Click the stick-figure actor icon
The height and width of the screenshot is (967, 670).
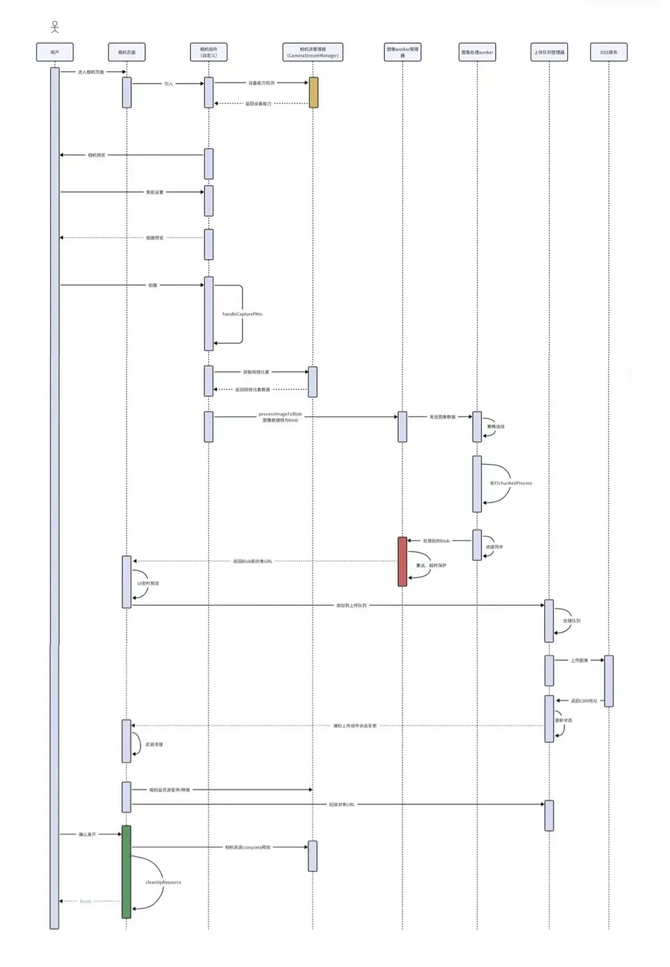click(55, 27)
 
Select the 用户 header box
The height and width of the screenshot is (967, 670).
click(55, 52)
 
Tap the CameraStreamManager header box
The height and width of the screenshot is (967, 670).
click(312, 52)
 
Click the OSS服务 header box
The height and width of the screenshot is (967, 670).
click(608, 52)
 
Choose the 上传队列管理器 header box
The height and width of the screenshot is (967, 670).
click(549, 52)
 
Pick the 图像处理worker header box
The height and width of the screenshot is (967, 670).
click(477, 52)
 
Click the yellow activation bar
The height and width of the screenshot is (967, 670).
click(313, 92)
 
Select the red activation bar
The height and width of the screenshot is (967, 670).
click(402, 561)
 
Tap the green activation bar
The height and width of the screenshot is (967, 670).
click(126, 871)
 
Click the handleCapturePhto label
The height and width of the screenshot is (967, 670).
click(242, 314)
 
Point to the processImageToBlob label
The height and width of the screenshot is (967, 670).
click(280, 414)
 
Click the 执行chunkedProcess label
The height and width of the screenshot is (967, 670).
click(511, 483)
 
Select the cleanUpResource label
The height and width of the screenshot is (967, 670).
click(163, 882)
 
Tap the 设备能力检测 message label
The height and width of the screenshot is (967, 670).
click(261, 83)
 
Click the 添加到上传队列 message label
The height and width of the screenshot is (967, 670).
click(351, 605)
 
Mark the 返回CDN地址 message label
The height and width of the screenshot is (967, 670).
click(583, 701)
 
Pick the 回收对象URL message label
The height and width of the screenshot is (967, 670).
click(342, 805)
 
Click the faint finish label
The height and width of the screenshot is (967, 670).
click(85, 901)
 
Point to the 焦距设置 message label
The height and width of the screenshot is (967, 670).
click(154, 192)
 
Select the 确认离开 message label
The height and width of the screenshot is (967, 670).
click(87, 834)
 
